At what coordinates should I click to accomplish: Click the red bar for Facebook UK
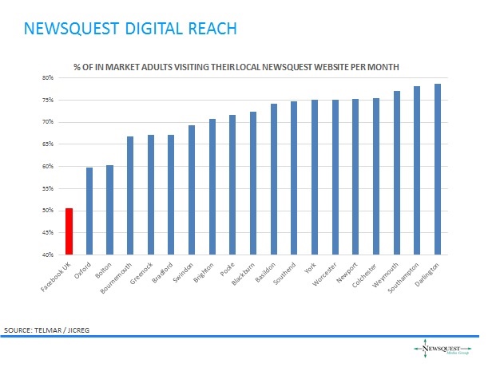69,231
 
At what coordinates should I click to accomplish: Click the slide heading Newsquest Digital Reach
130,30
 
